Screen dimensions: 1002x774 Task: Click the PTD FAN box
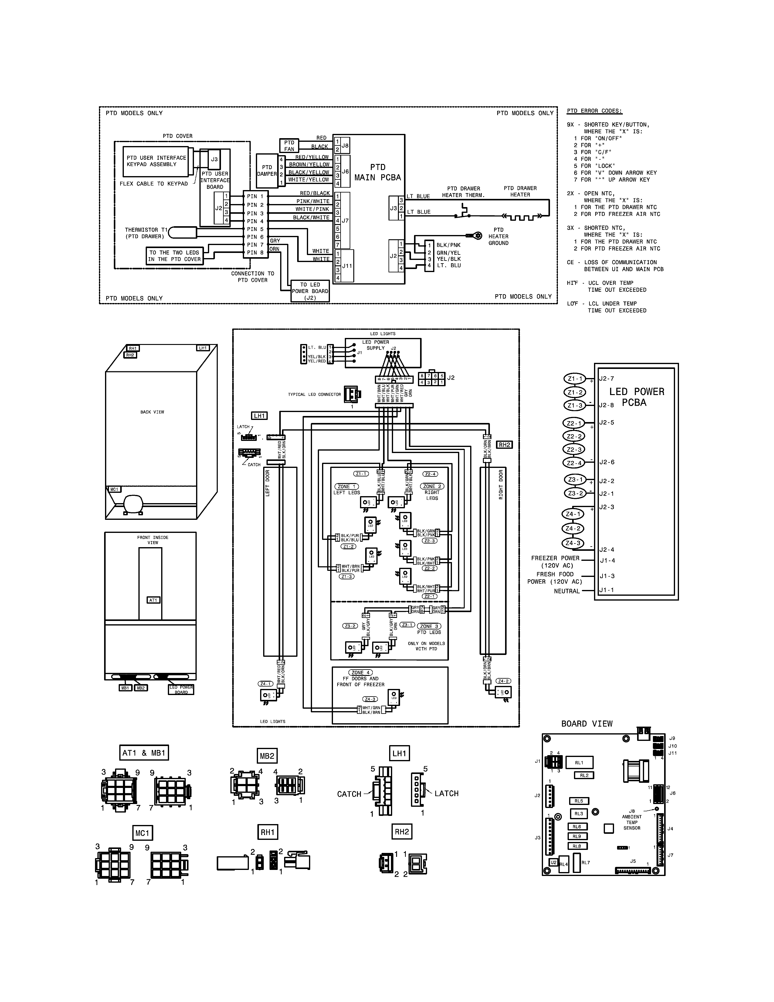pyautogui.click(x=289, y=145)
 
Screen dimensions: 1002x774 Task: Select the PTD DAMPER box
pyautogui.click(x=267, y=171)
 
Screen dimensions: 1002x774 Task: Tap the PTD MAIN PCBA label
pyautogui.click(x=377, y=172)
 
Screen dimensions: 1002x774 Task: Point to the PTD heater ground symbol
pyautogui.click(x=477, y=235)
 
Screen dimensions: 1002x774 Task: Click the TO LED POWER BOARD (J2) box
pyautogui.click(x=310, y=291)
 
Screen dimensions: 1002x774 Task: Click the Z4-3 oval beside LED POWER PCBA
pyautogui.click(x=573, y=543)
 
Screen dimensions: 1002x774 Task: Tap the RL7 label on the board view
pyautogui.click(x=586, y=863)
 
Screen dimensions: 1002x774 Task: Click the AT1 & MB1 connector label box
pyautogui.click(x=144, y=753)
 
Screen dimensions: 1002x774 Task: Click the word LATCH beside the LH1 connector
pyautogui.click(x=446, y=793)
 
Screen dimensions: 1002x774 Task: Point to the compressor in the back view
pyautogui.click(x=133, y=503)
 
